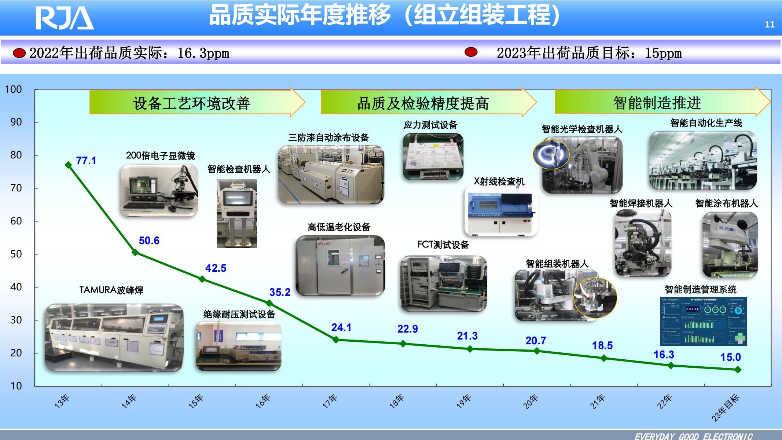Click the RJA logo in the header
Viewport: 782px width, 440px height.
tap(65, 18)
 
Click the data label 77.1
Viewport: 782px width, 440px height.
tap(86, 161)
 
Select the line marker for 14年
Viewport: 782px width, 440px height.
tap(135, 252)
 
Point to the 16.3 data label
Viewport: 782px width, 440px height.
tap(664, 355)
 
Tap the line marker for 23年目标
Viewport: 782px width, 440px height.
tap(738, 370)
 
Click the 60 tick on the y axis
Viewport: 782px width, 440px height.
tap(16, 221)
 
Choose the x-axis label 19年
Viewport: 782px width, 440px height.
tap(464, 401)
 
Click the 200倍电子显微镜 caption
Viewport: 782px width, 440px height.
tap(160, 155)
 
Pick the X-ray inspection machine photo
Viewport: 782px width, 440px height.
tap(501, 211)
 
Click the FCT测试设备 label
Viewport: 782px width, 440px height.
tap(443, 245)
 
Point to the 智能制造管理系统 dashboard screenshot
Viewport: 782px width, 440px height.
tap(703, 321)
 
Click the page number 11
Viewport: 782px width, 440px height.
tap(770, 25)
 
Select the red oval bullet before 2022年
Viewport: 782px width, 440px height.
tap(19, 53)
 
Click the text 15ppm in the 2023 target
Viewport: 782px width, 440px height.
tap(664, 54)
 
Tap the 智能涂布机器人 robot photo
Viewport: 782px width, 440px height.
tap(730, 245)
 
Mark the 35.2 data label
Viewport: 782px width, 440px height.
tap(280, 292)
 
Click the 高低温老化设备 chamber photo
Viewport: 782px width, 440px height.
tap(340, 265)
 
